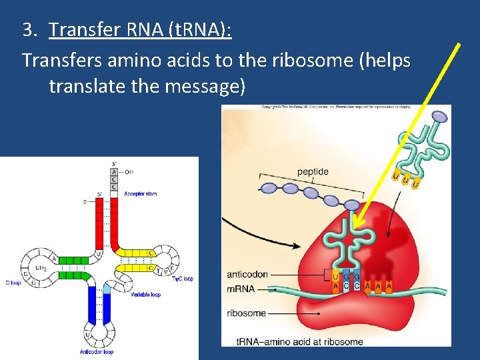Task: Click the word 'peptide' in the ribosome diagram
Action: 313,171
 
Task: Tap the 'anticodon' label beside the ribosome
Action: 248,274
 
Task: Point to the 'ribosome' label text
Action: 246,313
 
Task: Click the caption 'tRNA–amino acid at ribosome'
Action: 300,341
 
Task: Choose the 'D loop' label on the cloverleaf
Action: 12,283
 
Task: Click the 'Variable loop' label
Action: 145,294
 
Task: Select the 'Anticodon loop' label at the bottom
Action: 97,351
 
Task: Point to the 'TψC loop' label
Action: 182,279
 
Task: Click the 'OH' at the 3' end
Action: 129,171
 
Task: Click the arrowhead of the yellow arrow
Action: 354,225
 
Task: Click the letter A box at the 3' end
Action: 113,171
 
